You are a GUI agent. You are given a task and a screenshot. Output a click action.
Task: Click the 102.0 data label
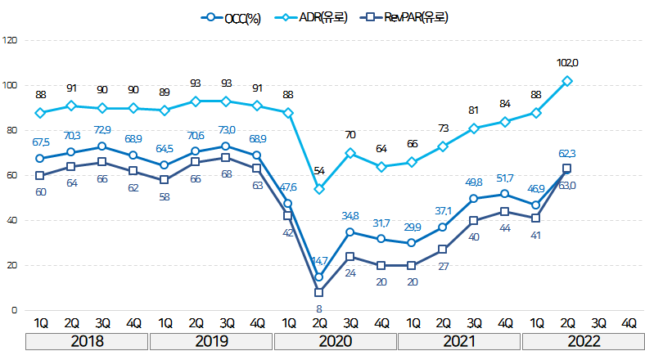[567, 63]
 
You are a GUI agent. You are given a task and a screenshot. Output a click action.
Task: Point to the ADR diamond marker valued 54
[318, 189]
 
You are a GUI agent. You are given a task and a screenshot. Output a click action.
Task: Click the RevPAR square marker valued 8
[318, 292]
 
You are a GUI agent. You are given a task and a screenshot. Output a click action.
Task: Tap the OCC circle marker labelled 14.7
[318, 277]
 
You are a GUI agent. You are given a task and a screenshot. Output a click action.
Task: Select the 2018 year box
[86, 341]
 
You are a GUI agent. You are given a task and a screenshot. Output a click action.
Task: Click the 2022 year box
[583, 341]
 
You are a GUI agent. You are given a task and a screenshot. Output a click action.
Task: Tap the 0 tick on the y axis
[12, 310]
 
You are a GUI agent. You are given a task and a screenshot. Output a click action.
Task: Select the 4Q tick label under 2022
[629, 322]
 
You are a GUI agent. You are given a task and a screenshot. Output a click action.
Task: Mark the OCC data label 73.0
[225, 130]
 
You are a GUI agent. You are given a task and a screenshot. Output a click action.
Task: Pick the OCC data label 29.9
[412, 227]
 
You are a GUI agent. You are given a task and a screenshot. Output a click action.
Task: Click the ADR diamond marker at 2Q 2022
[567, 81]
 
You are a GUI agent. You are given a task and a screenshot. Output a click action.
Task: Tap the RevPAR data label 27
[443, 266]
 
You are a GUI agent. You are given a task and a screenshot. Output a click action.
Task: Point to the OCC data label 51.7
[505, 178]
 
